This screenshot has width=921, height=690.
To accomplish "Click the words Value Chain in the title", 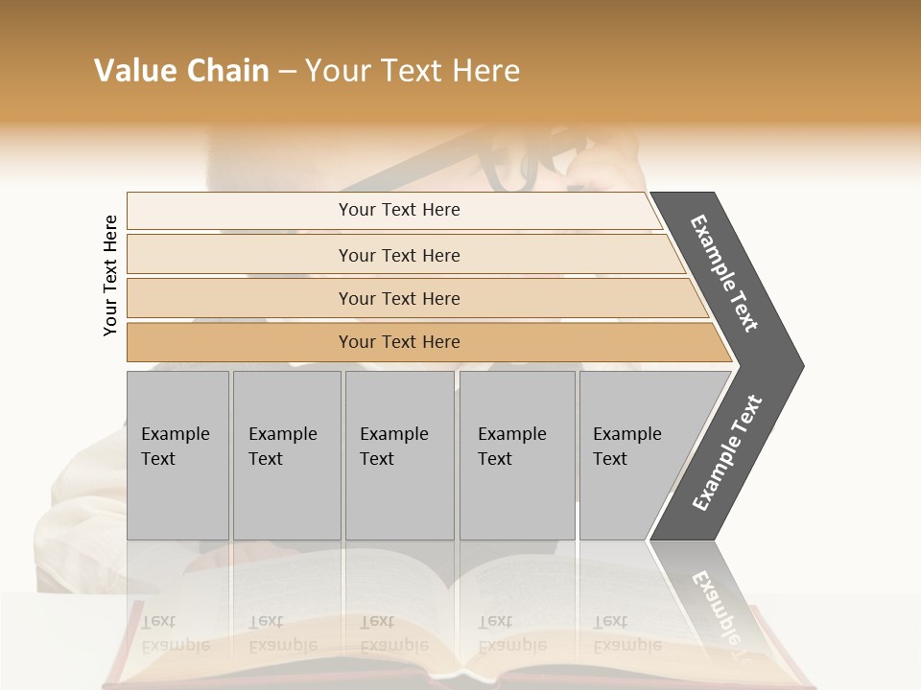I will [x=181, y=71].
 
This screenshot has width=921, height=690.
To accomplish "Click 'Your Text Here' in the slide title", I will [x=413, y=71].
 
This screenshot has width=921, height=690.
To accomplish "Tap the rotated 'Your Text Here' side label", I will [x=110, y=275].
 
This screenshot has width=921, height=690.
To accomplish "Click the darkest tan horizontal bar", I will [x=240, y=342].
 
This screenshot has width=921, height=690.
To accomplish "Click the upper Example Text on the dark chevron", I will [x=724, y=273].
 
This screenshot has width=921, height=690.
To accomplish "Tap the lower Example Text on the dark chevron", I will [x=726, y=452].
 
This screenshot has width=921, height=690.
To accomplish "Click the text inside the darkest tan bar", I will [x=399, y=342].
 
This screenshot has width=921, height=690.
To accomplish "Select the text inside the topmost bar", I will [x=399, y=210].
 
